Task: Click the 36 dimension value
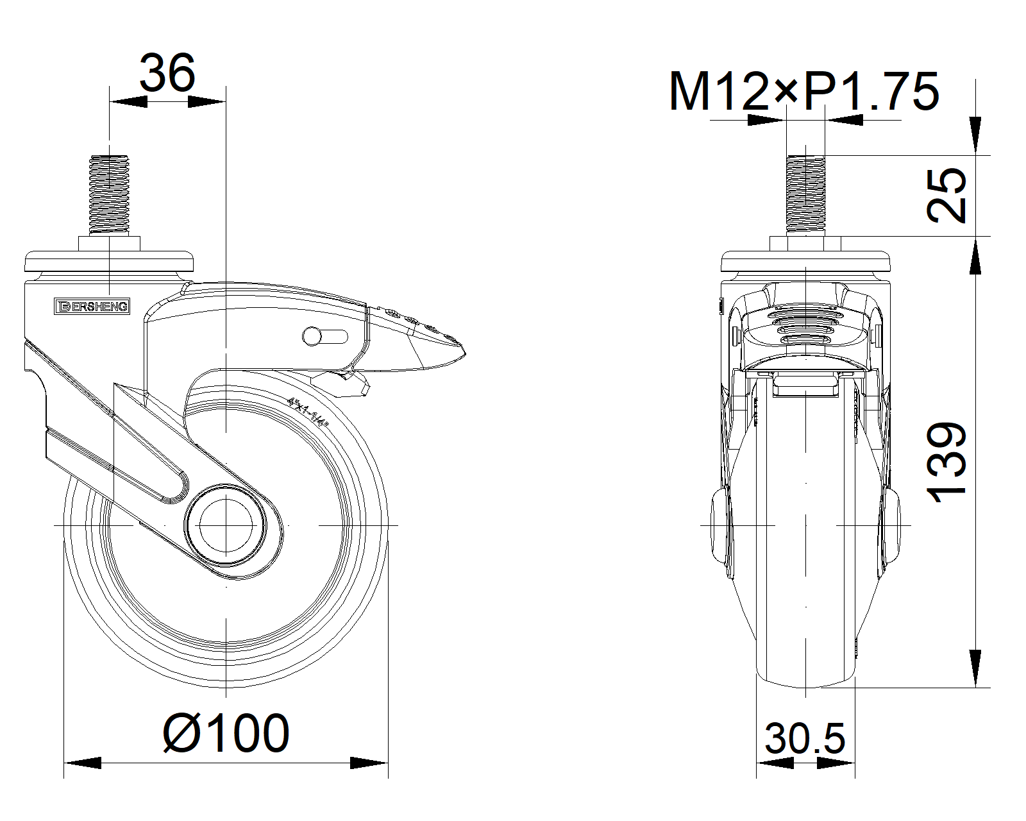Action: click(167, 73)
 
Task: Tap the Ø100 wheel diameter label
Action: click(226, 732)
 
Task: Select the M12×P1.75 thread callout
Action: click(804, 92)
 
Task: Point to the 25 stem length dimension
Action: click(946, 196)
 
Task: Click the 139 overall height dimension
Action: click(946, 462)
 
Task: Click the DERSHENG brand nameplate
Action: click(92, 306)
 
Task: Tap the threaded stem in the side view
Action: click(109, 194)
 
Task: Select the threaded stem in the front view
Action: click(806, 194)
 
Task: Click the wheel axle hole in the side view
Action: click(226, 525)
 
